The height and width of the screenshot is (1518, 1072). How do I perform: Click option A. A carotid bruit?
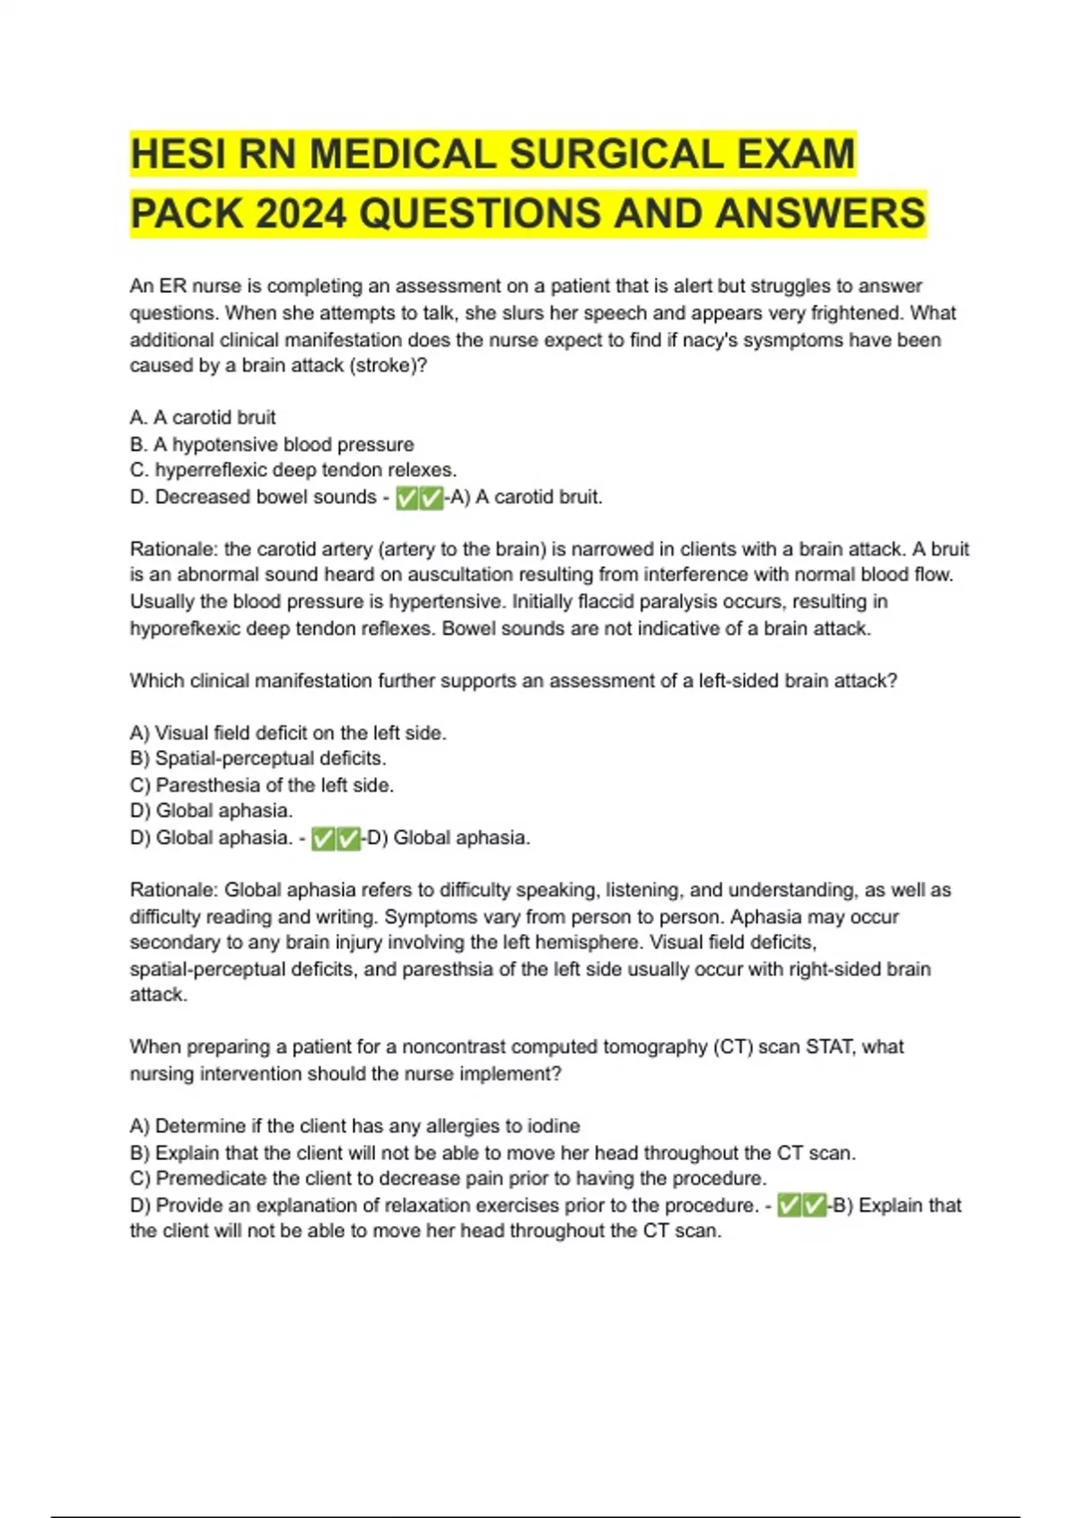(203, 418)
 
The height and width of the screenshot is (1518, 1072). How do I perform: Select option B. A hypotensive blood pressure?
(272, 445)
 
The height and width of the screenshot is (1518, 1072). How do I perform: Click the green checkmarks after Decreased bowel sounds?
(419, 498)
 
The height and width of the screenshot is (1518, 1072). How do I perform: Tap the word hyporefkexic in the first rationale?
(185, 629)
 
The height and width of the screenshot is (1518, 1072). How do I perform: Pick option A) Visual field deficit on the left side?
(288, 733)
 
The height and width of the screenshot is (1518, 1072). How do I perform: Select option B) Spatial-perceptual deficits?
(258, 759)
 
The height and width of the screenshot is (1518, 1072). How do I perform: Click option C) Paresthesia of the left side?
(262, 786)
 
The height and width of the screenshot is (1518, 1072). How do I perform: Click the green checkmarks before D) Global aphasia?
(336, 838)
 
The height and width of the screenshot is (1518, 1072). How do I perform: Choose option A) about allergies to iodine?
(355, 1127)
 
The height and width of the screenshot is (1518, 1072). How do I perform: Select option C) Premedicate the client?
(448, 1179)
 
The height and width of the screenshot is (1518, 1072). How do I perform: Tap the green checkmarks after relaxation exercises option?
(801, 1206)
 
